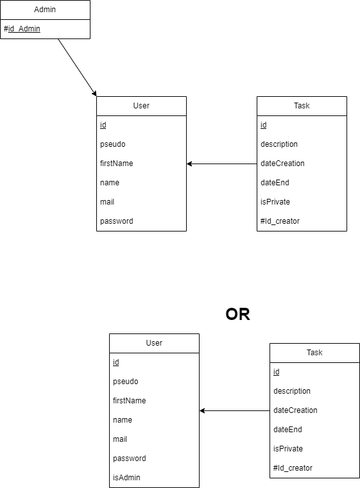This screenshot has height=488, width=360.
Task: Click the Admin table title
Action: pos(45,10)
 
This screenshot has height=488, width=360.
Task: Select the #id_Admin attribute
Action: pos(22,29)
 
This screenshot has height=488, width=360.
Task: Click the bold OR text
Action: pos(237,314)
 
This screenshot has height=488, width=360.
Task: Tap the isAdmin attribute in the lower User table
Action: pos(126,477)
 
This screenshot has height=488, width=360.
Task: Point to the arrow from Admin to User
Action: pos(77,67)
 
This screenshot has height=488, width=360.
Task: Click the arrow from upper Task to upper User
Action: pos(222,164)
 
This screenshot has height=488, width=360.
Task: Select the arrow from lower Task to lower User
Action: pos(234,411)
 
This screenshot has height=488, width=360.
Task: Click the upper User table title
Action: pos(141,106)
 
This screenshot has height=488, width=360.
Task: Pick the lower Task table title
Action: pos(314,353)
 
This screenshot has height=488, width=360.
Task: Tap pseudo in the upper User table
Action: pos(113,144)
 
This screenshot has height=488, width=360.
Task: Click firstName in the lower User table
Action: pos(129,401)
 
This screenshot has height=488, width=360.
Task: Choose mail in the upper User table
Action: pos(107,202)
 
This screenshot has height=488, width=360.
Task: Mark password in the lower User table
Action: pos(129,459)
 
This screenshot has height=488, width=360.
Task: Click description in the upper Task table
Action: pos(279,144)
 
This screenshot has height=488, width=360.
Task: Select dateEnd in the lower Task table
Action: pos(287,430)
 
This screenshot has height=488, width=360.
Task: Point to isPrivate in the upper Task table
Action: pos(275,202)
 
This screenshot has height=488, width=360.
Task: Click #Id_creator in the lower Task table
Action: pos(293,468)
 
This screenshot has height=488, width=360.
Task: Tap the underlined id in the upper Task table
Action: pos(264,125)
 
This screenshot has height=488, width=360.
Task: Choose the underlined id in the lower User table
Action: pos(116,362)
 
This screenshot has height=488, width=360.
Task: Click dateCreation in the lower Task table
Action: pos(295,410)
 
